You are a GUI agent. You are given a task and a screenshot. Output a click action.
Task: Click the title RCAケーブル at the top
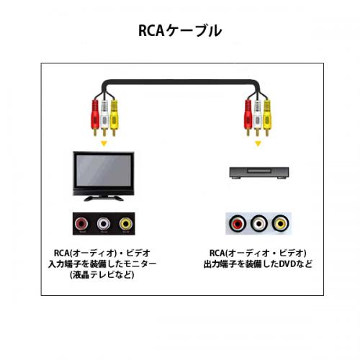tap(180, 31)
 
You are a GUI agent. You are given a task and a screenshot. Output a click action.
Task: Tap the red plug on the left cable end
tap(95, 117)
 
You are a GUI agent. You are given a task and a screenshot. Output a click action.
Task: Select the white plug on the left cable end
tap(104, 117)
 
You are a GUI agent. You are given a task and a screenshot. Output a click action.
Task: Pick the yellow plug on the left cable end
tap(114, 117)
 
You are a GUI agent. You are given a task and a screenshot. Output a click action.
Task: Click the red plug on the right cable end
tap(248, 117)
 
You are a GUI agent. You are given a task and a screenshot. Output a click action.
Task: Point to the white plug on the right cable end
tap(257, 117)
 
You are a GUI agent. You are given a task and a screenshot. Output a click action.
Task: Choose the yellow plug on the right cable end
tap(266, 117)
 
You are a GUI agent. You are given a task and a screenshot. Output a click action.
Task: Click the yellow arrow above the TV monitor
tap(104, 144)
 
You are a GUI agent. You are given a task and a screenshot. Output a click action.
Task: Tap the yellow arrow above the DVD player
tap(258, 144)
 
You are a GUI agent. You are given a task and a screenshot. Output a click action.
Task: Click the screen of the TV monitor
tap(104, 170)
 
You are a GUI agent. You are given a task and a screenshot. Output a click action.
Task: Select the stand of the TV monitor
tap(104, 198)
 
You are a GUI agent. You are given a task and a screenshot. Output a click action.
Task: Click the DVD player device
tap(259, 173)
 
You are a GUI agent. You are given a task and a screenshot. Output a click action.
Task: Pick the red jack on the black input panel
tap(81, 224)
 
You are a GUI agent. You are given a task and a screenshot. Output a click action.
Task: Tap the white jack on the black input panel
tap(104, 224)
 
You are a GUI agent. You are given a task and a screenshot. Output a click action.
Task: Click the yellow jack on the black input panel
tap(126, 224)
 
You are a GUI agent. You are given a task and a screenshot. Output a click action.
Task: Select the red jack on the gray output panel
tap(238, 224)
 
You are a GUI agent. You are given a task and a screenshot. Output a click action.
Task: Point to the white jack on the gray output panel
tap(259, 224)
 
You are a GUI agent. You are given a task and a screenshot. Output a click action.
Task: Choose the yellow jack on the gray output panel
tap(281, 224)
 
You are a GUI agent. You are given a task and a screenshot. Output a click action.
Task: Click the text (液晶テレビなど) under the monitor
tap(102, 275)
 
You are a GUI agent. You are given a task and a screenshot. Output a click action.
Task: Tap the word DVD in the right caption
tap(287, 264)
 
